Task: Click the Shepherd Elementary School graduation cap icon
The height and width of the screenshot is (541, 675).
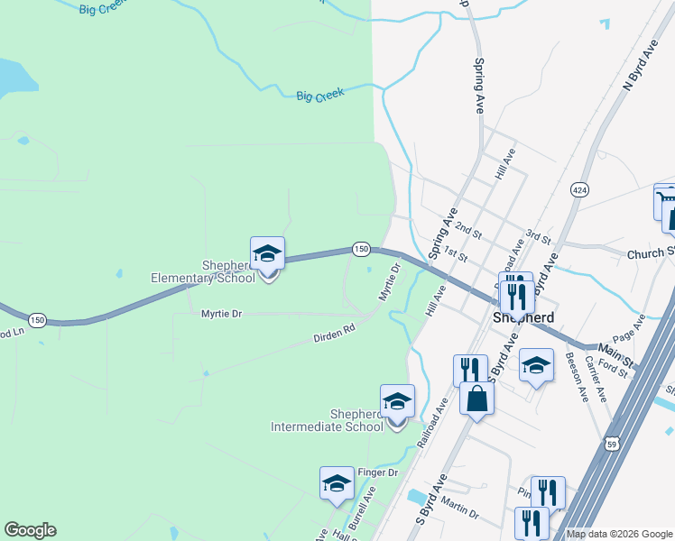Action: point(267,253)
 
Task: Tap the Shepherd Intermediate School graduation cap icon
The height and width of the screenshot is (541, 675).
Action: point(397,401)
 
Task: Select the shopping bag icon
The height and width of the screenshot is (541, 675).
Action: point(476,398)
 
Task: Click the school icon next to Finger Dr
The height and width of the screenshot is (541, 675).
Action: point(337,483)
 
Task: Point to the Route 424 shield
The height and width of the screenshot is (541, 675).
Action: point(578,189)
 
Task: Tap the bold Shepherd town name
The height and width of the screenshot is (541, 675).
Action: point(522,318)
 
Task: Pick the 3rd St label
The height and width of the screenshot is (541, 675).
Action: point(539,237)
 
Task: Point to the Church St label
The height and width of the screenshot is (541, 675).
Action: point(652,252)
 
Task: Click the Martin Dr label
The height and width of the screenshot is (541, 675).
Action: point(461,511)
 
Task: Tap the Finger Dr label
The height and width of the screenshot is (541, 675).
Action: point(380,472)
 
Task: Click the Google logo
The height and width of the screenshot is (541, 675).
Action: point(30,530)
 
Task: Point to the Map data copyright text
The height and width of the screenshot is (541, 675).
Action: point(618,534)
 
